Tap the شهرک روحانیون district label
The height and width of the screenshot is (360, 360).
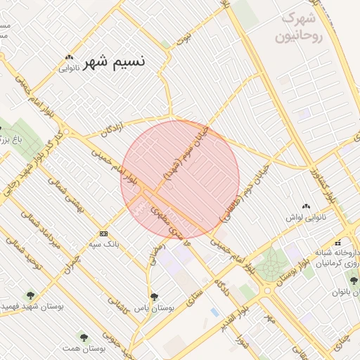(x=300, y=28)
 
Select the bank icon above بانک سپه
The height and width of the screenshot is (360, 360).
(x=104, y=233)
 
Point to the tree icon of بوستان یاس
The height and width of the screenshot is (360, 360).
(x=154, y=297)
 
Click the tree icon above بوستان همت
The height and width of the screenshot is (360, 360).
(x=83, y=337)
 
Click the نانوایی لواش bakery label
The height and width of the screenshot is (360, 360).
(x=305, y=217)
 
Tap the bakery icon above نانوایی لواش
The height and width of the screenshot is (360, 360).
(x=305, y=207)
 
